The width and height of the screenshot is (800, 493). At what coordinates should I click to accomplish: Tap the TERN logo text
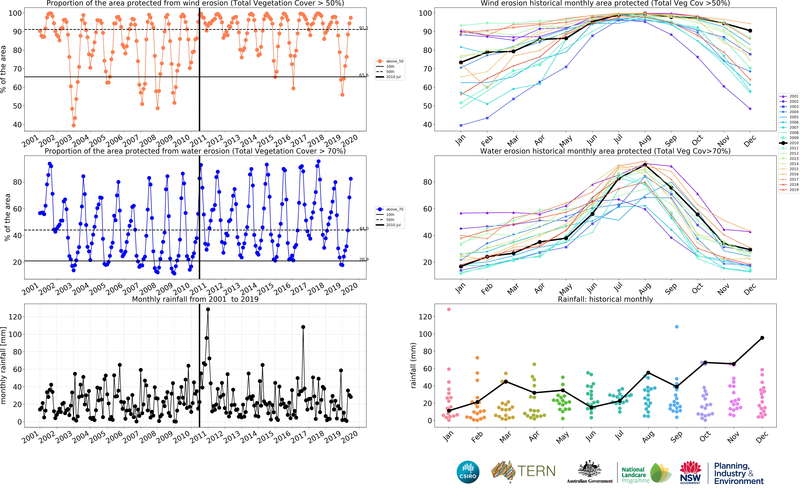point(536,471)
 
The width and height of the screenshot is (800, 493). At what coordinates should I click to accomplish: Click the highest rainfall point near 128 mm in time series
point(208,309)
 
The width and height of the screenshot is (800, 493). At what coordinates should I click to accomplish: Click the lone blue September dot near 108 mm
point(676,327)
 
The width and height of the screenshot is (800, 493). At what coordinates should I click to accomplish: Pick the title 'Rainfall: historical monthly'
point(605,299)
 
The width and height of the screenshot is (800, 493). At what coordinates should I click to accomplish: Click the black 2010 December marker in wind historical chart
point(750,31)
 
